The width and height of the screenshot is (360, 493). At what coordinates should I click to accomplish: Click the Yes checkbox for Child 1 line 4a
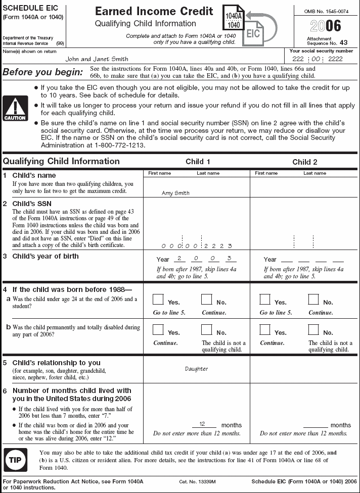pos(159,300)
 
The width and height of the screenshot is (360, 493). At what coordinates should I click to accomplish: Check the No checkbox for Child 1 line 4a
pos(207,300)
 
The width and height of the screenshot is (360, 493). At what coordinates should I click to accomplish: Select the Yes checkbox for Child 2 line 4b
pos(265,330)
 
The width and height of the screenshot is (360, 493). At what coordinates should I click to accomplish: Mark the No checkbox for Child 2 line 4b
pos(313,330)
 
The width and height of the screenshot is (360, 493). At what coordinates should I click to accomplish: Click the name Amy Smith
pos(175,193)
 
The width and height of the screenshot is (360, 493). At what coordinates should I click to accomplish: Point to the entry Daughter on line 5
pos(196,369)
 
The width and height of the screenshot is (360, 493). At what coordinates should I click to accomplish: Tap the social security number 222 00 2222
pos(321,59)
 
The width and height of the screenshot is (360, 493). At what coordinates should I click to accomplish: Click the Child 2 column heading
pos(305,162)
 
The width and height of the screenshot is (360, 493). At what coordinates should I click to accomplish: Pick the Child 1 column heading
pos(198,162)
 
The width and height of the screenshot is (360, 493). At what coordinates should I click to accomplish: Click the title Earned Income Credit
pos(154,12)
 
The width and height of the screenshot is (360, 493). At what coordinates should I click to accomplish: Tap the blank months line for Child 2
pos(316,425)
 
